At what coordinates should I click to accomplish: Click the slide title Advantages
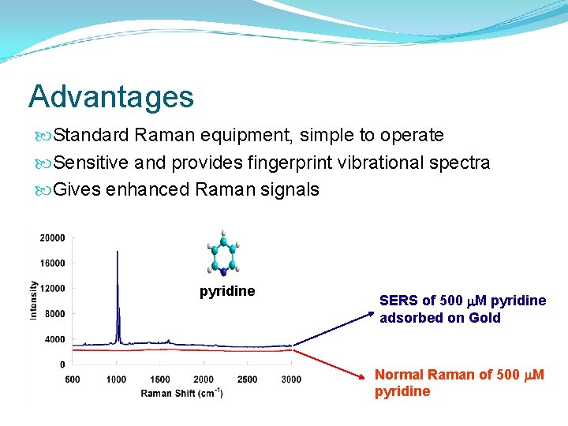[x=110, y=96]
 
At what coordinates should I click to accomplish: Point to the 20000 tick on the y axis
[x=53, y=237]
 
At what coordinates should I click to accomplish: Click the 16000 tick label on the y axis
[x=53, y=263]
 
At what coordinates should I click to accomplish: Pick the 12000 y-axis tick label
[x=53, y=288]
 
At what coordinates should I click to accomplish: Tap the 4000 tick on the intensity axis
[x=55, y=339]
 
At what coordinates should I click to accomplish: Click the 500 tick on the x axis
[x=73, y=379]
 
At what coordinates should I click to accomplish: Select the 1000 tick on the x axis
[x=116, y=379]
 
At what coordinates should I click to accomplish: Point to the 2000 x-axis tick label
[x=203, y=379]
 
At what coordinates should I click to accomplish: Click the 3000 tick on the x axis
[x=290, y=379]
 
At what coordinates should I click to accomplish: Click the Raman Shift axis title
[x=181, y=392]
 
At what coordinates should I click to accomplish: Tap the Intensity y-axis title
[x=33, y=300]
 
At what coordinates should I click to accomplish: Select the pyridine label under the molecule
[x=227, y=291]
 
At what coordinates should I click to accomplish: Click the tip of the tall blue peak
[x=118, y=252]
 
